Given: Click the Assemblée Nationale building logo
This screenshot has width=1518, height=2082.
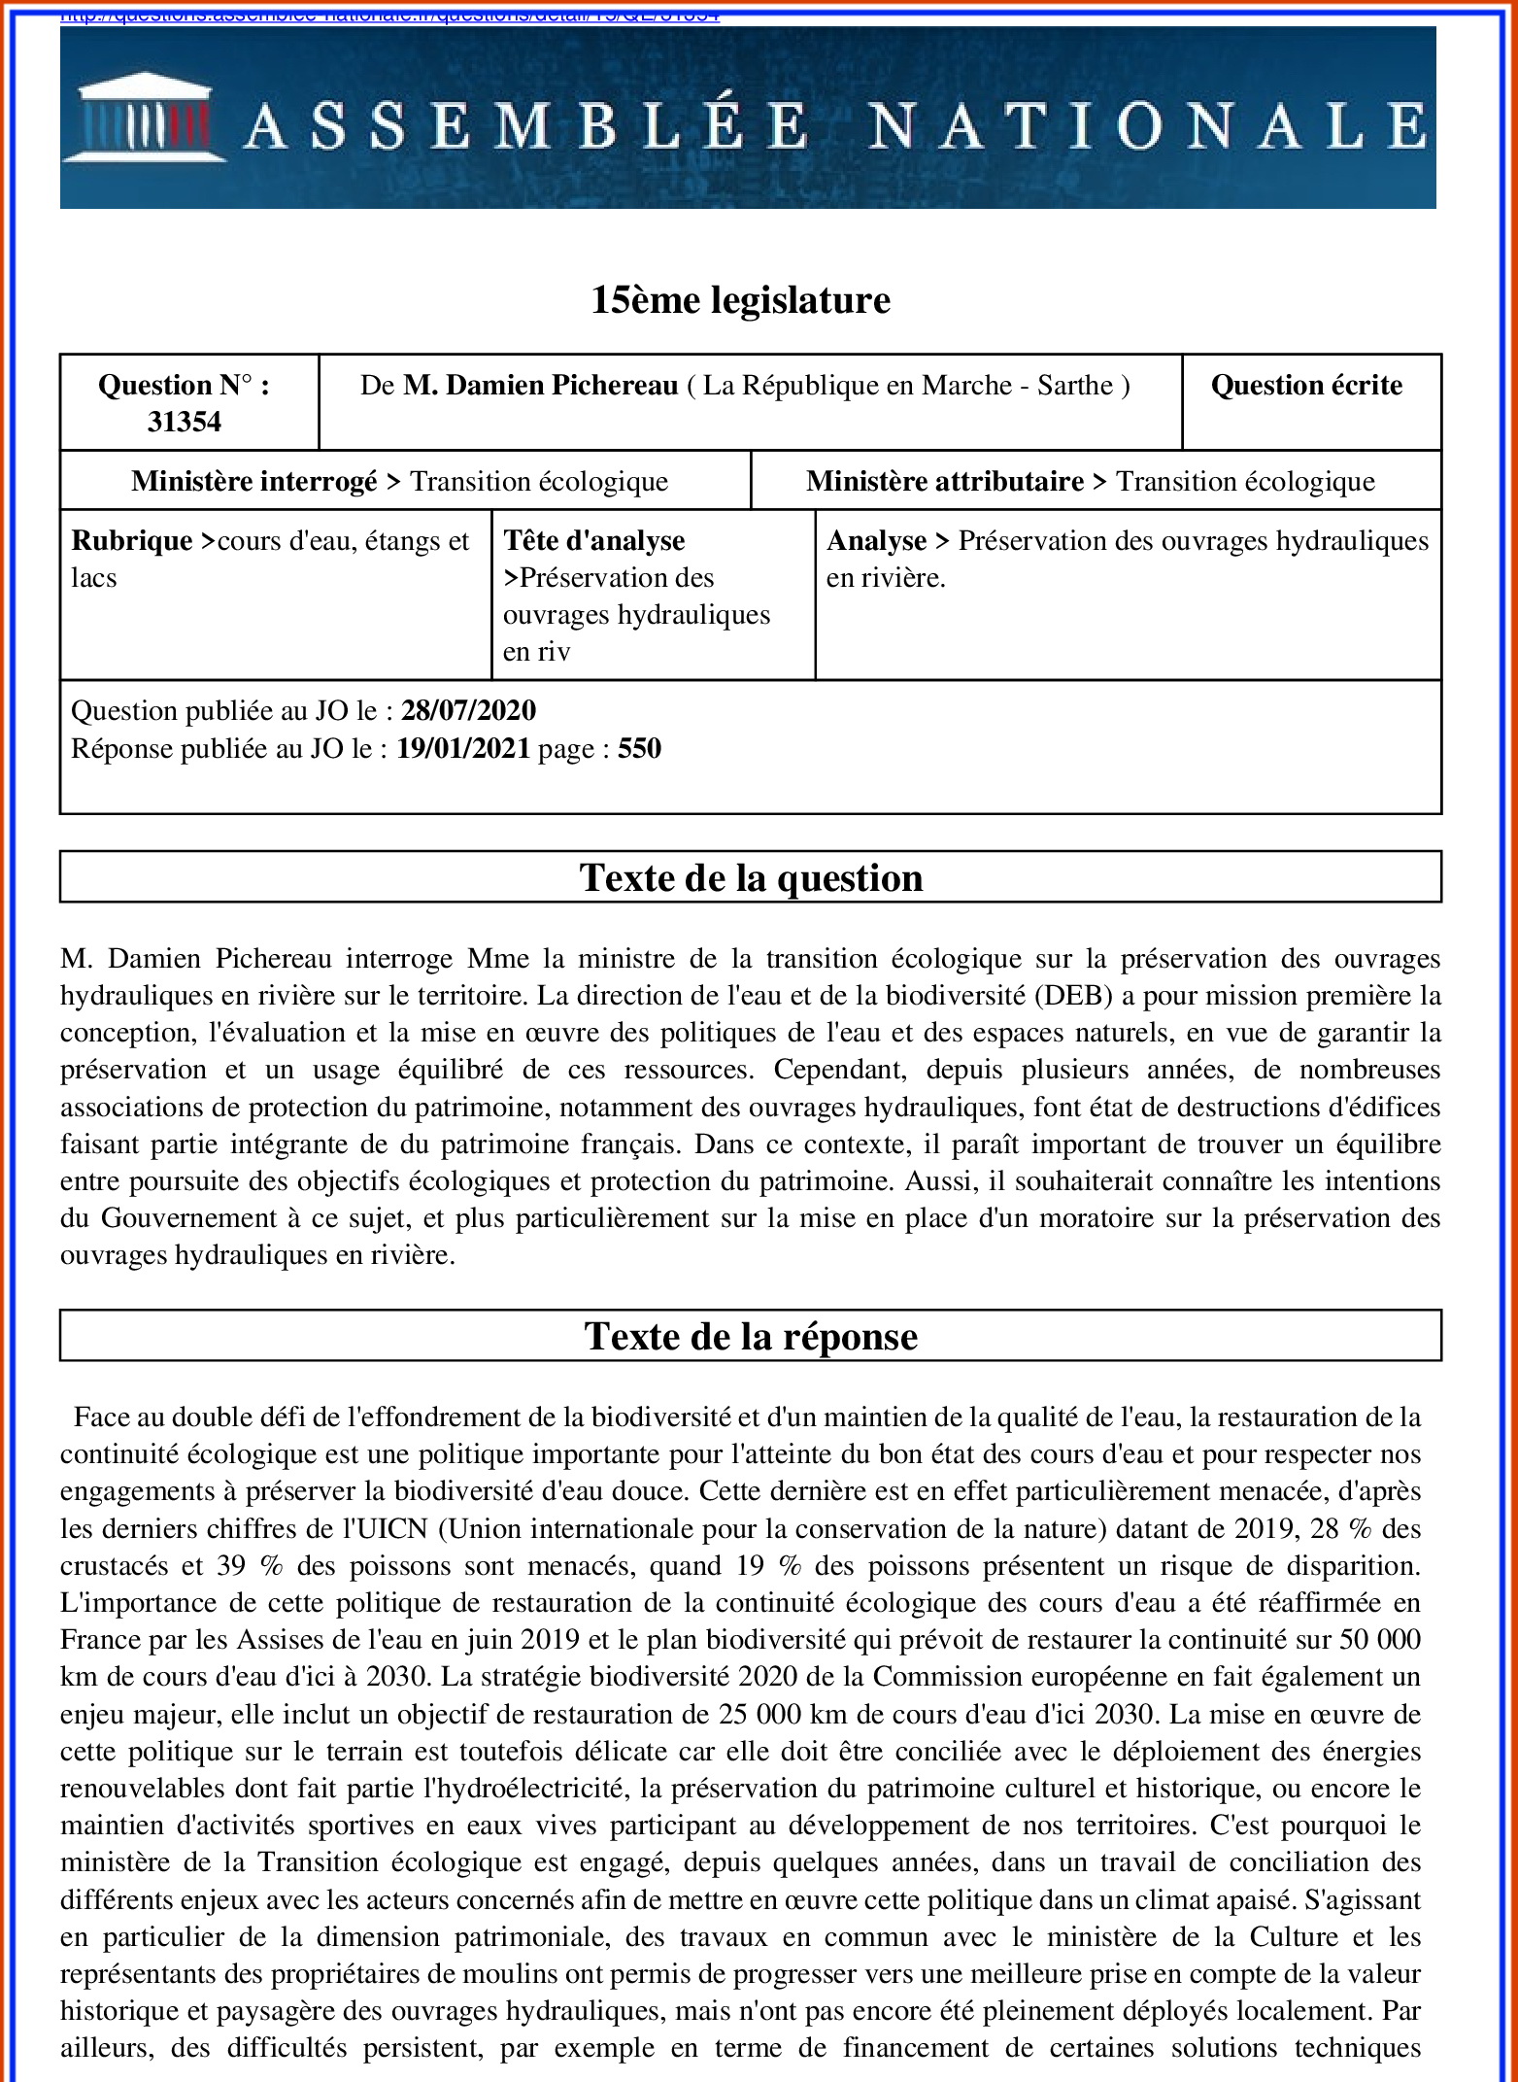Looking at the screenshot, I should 144,118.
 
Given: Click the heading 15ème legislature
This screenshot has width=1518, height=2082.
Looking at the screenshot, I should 740,300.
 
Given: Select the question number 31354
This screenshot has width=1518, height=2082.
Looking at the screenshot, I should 185,422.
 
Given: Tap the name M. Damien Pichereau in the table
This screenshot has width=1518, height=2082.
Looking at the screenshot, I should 540,386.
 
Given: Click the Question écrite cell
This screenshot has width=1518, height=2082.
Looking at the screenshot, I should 1306,386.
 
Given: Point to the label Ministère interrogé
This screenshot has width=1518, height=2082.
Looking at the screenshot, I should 254,482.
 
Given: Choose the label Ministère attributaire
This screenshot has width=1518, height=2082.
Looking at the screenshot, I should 944,482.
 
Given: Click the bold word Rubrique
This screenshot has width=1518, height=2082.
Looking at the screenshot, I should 132,541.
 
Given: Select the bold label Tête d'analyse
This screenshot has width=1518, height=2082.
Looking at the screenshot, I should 593,541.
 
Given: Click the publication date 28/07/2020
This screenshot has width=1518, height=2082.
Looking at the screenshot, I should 468,711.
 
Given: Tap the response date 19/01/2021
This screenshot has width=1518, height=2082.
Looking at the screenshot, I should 463,749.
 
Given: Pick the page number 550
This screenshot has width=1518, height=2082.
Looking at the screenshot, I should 639,749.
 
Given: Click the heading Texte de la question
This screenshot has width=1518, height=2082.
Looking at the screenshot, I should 751,878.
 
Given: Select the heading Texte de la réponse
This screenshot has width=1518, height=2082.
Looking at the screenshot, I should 751,1337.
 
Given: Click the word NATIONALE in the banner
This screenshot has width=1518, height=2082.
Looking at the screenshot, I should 1147,127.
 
